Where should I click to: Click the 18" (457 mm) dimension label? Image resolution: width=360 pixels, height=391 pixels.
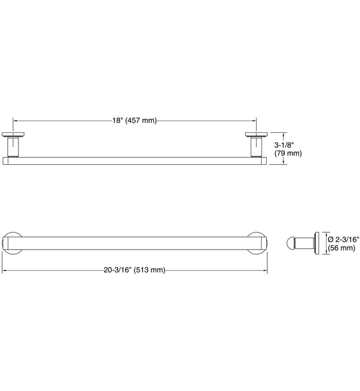(x=135, y=121)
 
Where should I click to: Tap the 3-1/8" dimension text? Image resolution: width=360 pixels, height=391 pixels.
(x=284, y=145)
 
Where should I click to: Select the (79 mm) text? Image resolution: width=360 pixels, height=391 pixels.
(x=288, y=153)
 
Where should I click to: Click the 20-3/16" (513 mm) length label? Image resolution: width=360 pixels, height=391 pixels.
(x=135, y=270)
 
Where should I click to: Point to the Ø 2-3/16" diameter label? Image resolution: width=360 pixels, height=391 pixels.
(x=344, y=240)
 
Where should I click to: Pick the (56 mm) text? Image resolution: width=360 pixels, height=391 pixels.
(x=342, y=248)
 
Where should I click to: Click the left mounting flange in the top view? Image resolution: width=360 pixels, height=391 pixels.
(x=13, y=135)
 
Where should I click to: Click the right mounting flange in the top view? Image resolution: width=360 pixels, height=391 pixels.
(x=256, y=135)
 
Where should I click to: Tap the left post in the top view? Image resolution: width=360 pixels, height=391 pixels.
(x=13, y=147)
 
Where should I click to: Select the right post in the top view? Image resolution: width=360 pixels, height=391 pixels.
(x=256, y=147)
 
